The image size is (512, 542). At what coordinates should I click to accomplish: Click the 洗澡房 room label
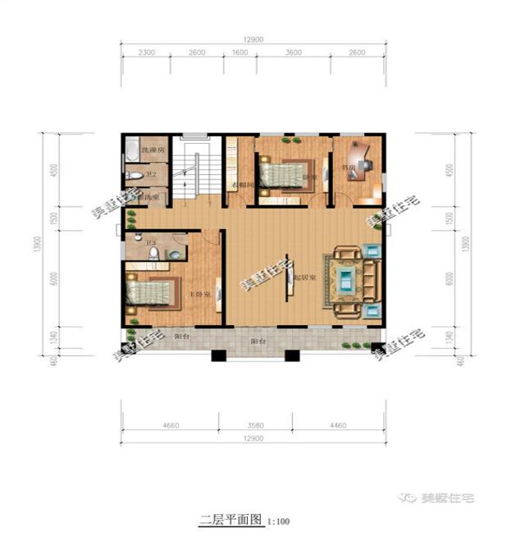click(x=153, y=150)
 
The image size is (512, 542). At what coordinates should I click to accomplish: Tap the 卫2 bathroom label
click(x=151, y=174)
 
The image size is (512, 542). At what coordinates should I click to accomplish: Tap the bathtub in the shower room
click(x=131, y=152)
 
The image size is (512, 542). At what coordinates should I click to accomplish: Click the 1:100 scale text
click(x=279, y=521)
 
